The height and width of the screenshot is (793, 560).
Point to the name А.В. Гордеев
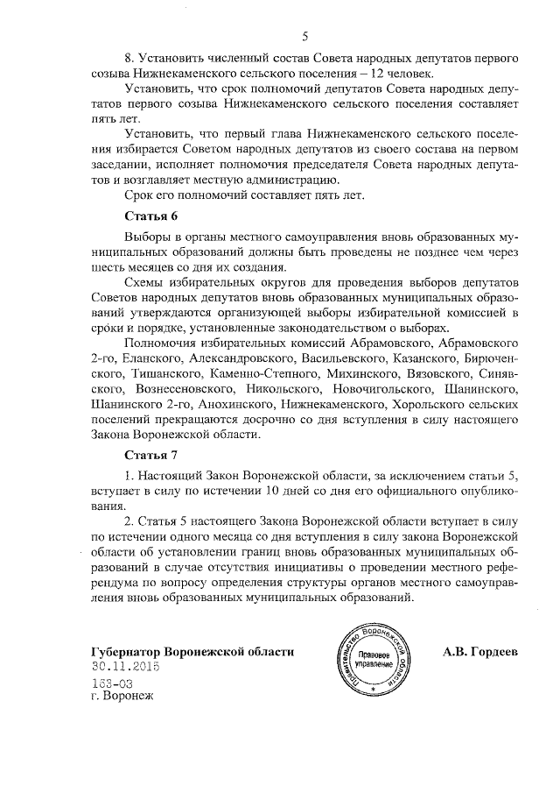(x=480, y=652)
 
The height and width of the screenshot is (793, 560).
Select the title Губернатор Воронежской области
(x=192, y=652)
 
